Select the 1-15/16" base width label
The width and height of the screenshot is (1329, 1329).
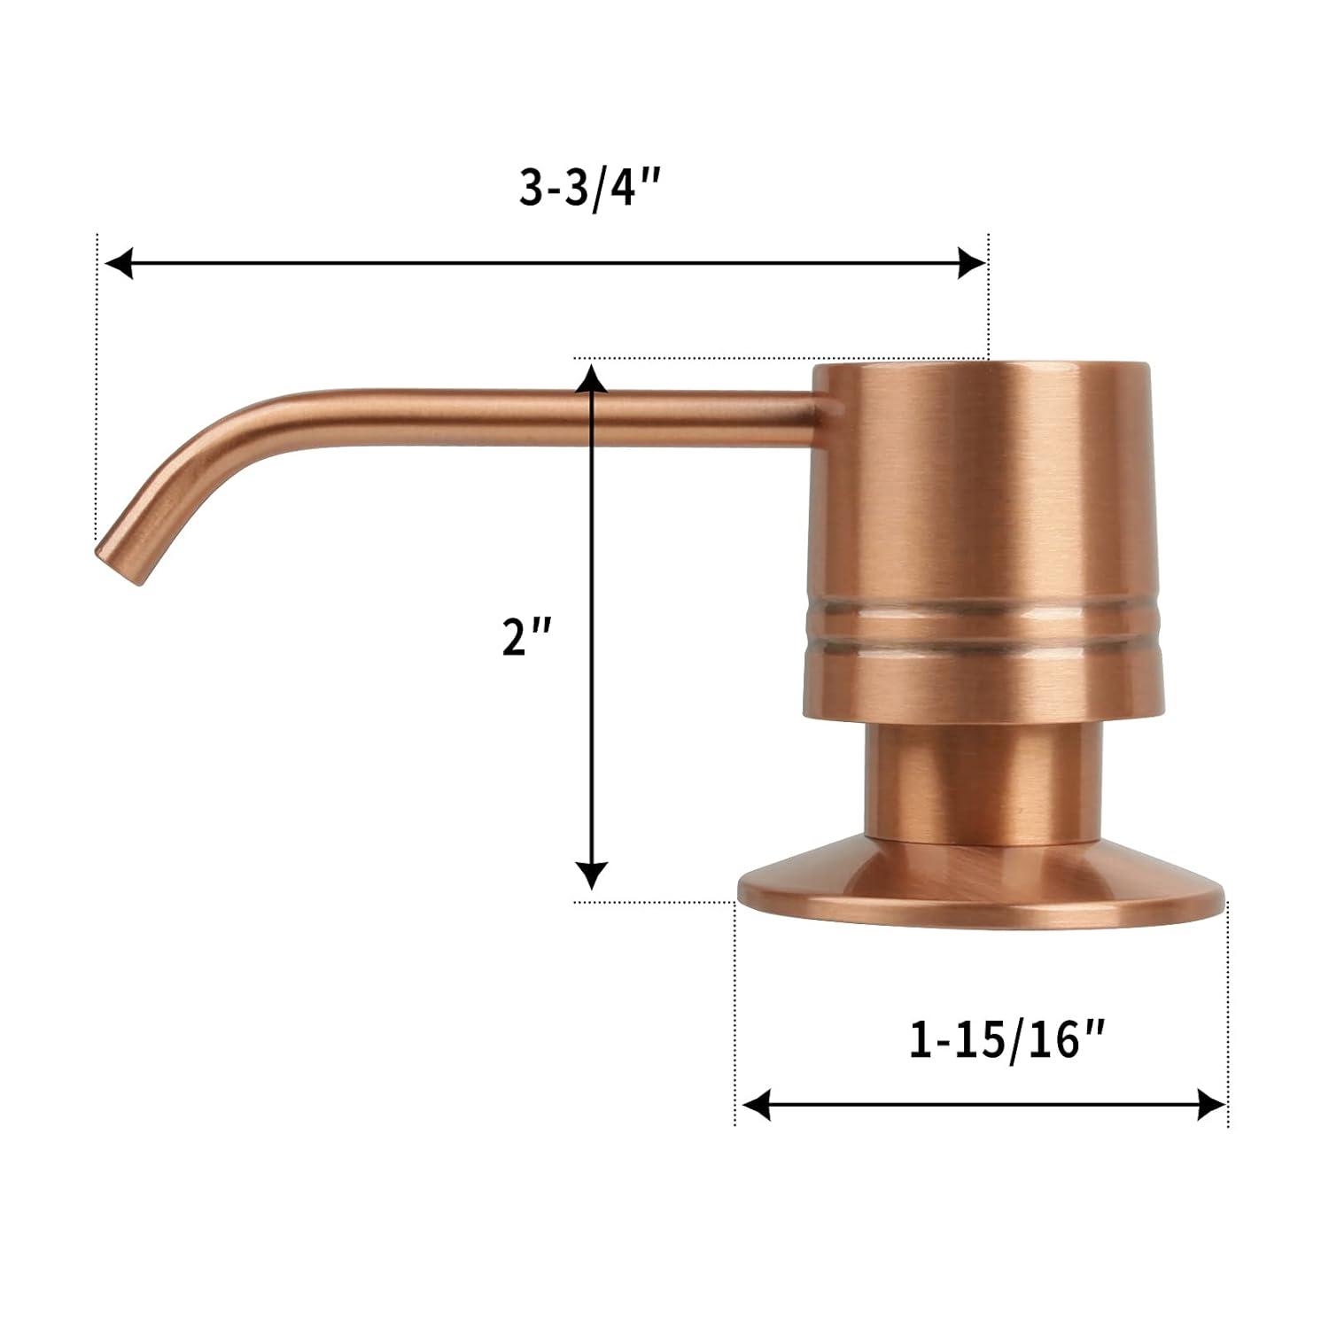1007,1040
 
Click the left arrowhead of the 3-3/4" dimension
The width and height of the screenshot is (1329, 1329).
119,263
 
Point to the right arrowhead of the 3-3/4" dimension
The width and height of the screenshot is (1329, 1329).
971,263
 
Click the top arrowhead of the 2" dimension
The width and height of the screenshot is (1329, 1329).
591,378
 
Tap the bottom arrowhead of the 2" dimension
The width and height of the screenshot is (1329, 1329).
591,874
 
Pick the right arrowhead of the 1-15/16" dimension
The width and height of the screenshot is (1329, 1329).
1211,1104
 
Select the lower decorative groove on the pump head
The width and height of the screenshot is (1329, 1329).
982,644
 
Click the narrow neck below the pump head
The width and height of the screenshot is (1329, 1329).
983,780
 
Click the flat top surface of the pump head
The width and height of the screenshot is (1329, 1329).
982,365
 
